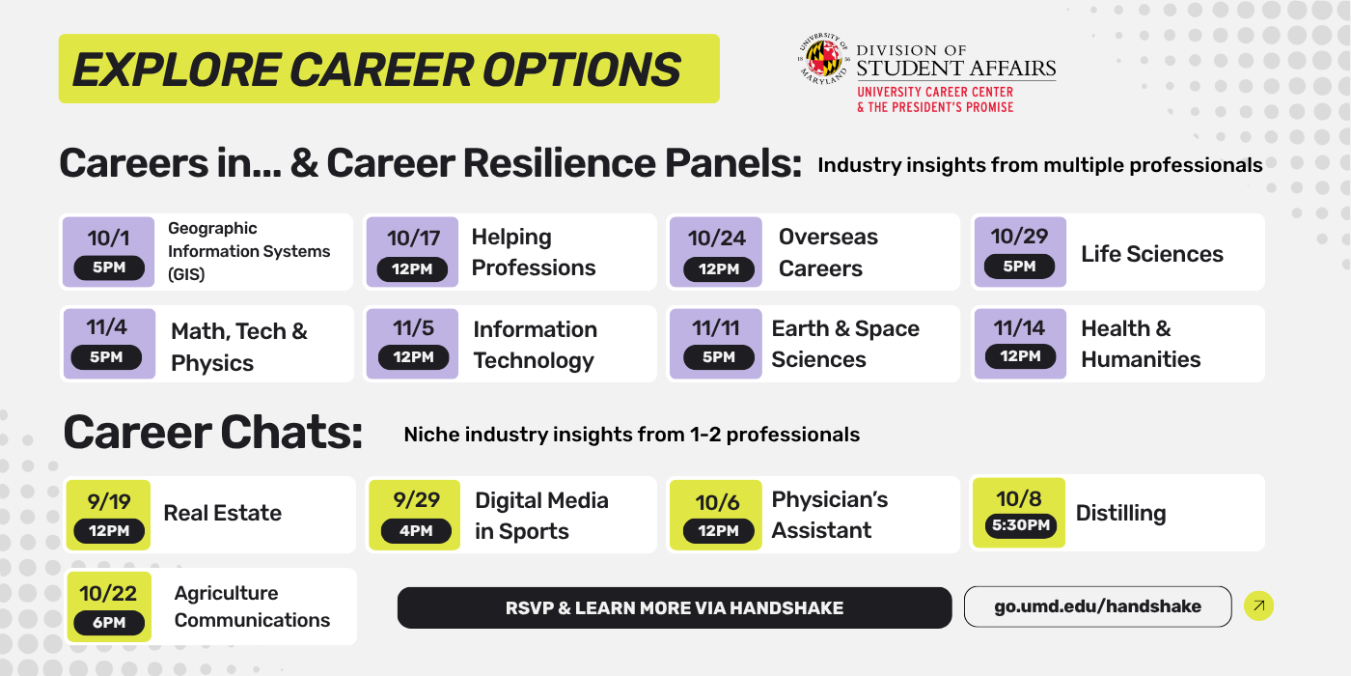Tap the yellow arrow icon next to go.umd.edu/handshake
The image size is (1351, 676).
[1259, 606]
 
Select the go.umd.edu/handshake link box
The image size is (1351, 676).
[1097, 607]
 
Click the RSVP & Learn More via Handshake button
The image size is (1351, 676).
[675, 608]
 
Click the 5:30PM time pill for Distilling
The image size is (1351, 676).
[1019, 525]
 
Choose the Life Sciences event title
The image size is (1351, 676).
[1151, 254]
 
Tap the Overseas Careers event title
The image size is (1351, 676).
[828, 252]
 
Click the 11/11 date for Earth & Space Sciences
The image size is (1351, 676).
[716, 328]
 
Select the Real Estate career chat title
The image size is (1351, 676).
[222, 513]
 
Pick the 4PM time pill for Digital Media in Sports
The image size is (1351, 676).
[416, 531]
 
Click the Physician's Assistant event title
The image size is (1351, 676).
[829, 515]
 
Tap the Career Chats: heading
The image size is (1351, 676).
[213, 434]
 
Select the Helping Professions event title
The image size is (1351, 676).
[533, 252]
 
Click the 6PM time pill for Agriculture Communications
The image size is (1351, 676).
[109, 623]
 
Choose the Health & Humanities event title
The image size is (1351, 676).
[1140, 344]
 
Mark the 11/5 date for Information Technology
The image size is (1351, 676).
[413, 328]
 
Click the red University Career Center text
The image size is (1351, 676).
[935, 93]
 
